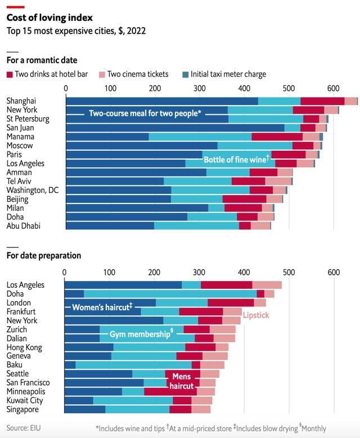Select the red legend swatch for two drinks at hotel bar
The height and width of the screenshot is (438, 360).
[x=10, y=74]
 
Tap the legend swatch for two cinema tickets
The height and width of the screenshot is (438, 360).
[x=102, y=74]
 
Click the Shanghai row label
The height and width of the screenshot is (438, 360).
[x=21, y=101]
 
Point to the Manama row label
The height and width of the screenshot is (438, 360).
[x=20, y=137]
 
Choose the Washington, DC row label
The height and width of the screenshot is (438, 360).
[x=33, y=190]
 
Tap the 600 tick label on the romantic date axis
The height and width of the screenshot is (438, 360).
[x=333, y=89]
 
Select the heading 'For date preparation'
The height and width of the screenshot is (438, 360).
[x=43, y=256]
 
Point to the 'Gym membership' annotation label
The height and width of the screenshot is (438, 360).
[x=141, y=334]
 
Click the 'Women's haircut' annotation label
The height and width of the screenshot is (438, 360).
[x=102, y=307]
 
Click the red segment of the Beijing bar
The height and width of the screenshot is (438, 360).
[x=244, y=199]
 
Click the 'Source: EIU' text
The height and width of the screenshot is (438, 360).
[x=25, y=428]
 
